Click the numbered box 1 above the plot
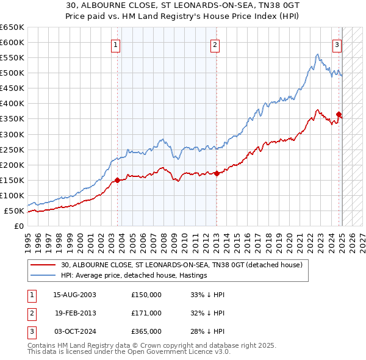click(115, 45)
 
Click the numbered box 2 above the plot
click(215, 45)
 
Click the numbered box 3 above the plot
click(337, 45)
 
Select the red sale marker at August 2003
click(118, 180)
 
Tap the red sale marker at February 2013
click(217, 173)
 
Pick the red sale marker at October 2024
click(339, 113)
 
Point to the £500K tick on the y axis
click(12, 73)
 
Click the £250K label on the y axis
click(12, 149)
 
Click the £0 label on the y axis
click(18, 226)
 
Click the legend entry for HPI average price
click(134, 276)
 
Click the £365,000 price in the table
click(146, 331)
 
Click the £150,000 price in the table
click(146, 295)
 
